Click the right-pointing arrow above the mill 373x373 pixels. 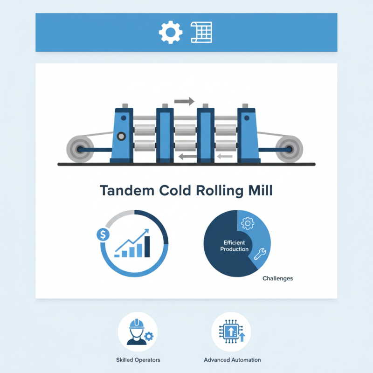pyautogui.click(x=184, y=100)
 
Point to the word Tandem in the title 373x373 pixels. pyautogui.click(x=125, y=191)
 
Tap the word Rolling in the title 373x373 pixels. pyautogui.click(x=216, y=191)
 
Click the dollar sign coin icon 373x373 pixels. pyautogui.click(x=102, y=235)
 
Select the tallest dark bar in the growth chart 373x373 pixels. pyautogui.click(x=148, y=246)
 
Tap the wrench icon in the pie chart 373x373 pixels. pyautogui.click(x=260, y=254)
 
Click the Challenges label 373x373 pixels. pyautogui.click(x=277, y=278)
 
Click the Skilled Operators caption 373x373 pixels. pyautogui.click(x=138, y=360)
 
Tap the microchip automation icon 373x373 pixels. pyautogui.click(x=231, y=331)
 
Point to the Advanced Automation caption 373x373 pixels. pyautogui.click(x=232, y=360)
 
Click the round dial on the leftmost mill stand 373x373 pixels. pyautogui.click(x=122, y=137)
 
